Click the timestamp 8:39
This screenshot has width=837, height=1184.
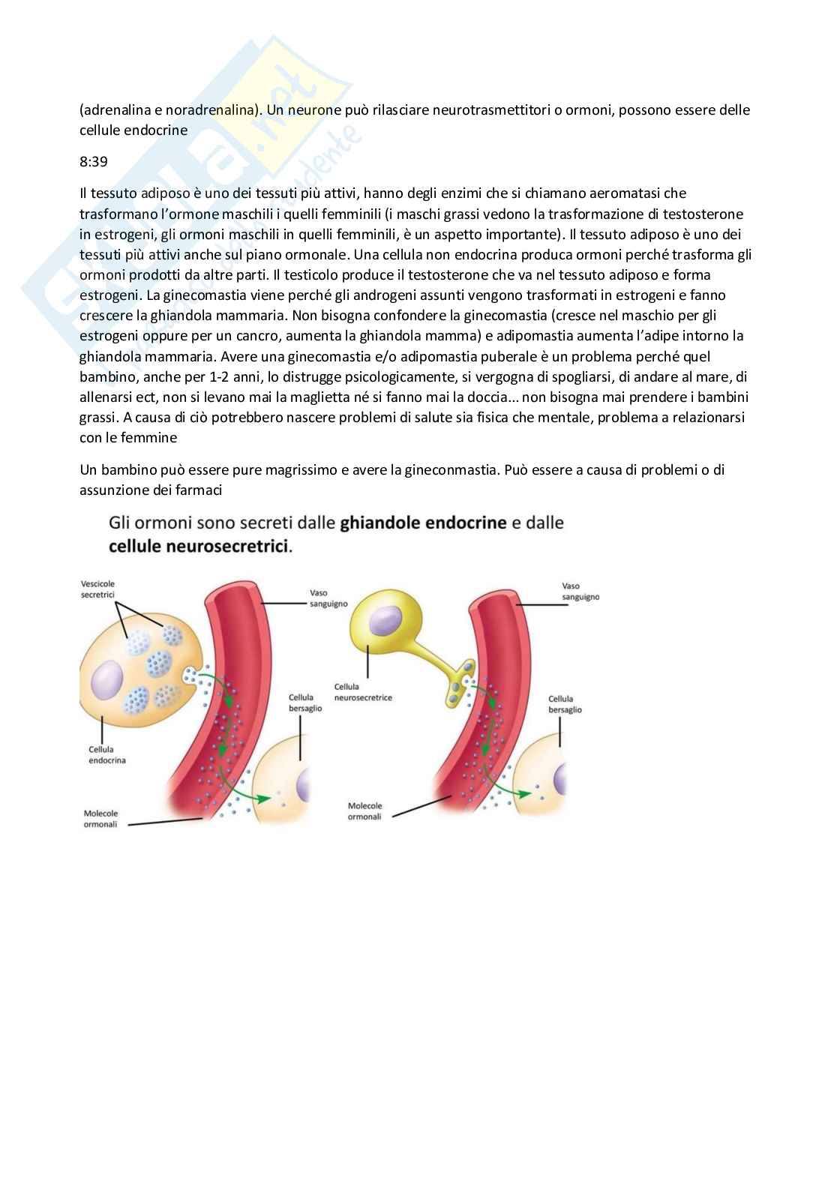tap(93, 161)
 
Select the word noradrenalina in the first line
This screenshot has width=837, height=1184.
tap(211, 110)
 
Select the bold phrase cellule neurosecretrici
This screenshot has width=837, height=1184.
tap(199, 546)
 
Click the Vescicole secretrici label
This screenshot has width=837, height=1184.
tap(98, 589)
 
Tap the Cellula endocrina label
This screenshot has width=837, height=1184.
tap(107, 754)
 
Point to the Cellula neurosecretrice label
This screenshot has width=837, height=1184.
tap(363, 691)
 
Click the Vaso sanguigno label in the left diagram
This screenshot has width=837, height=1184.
tap(328, 598)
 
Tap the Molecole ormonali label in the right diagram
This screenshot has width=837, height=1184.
tap(364, 811)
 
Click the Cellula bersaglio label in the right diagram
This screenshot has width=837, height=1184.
tap(565, 704)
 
